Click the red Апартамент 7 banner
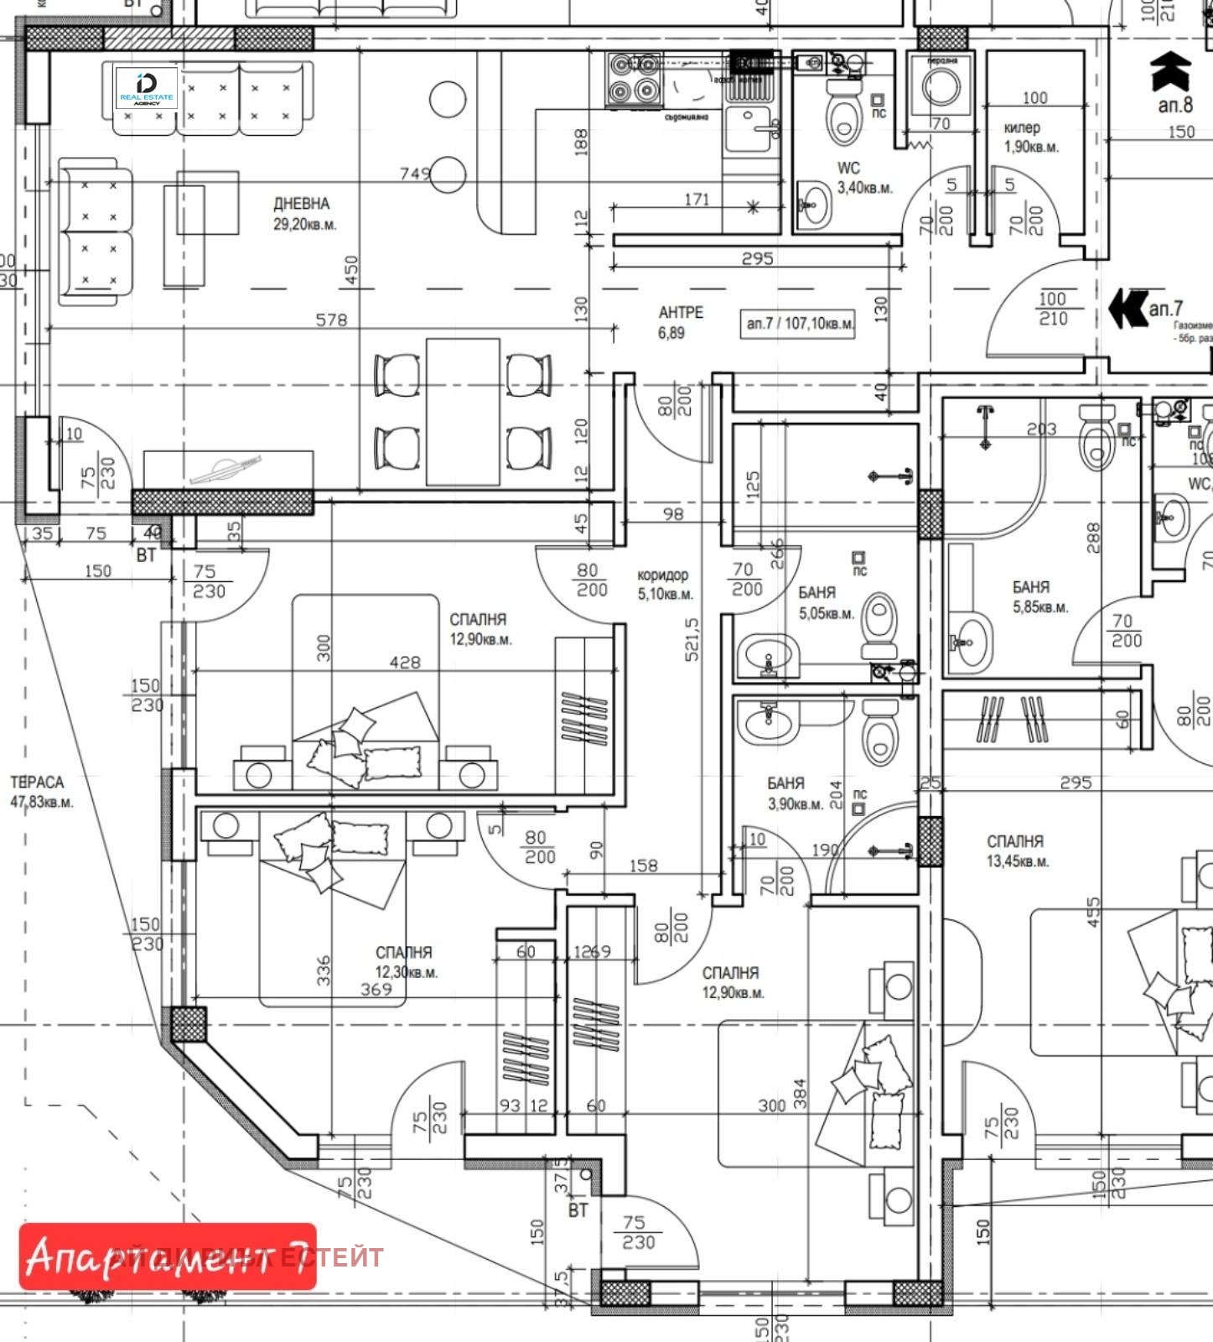(168, 1256)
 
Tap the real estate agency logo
(146, 89)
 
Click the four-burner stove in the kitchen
(633, 80)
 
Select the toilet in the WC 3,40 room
(843, 117)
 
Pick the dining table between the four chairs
(463, 411)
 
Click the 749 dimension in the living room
(415, 174)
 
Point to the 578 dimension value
(331, 320)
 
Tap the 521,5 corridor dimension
(692, 640)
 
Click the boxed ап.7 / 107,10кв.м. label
(800, 323)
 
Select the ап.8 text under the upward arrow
(1174, 106)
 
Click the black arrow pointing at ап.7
(1127, 309)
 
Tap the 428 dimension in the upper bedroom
(405, 662)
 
